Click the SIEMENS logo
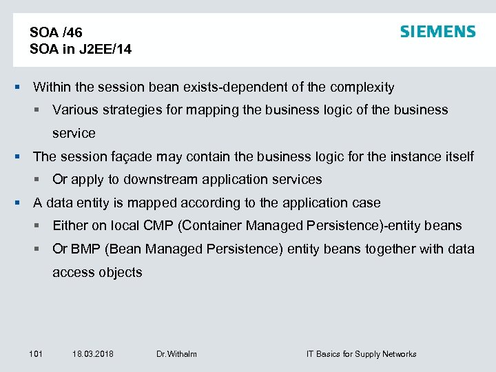click(437, 32)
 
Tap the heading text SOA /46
click(56, 32)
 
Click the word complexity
click(362, 87)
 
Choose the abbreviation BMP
click(85, 249)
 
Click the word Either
click(70, 226)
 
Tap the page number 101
click(36, 354)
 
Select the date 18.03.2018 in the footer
click(92, 354)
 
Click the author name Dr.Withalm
click(176, 354)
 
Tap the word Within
click(51, 87)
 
